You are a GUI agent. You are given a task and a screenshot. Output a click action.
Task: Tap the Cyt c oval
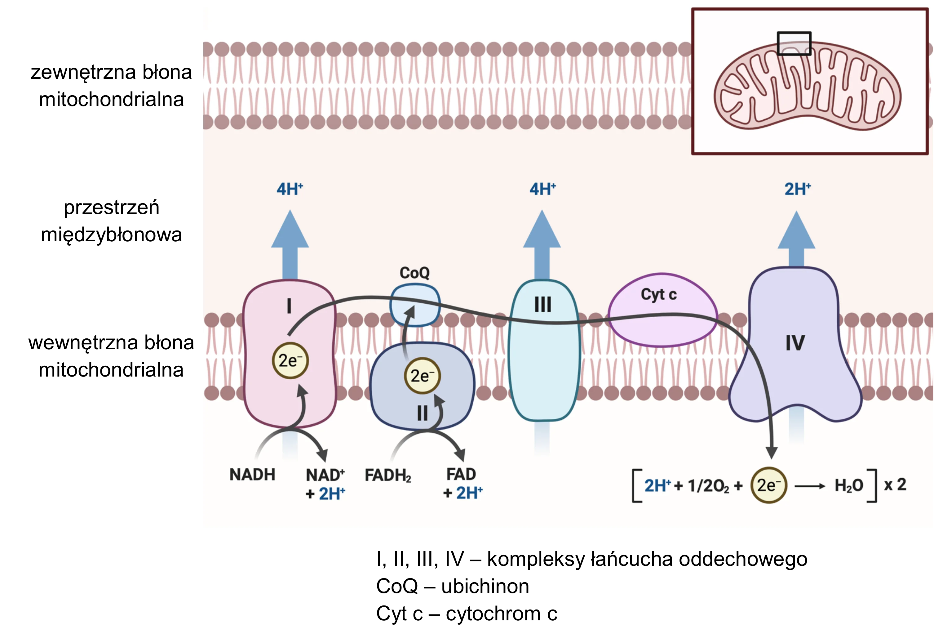(662, 310)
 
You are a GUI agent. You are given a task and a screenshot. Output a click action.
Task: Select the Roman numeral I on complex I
(289, 306)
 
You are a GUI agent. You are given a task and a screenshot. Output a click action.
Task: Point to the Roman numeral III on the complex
(542, 304)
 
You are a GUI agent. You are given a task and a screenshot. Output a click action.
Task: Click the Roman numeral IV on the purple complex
(795, 343)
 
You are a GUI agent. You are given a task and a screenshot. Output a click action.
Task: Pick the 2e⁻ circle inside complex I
(290, 361)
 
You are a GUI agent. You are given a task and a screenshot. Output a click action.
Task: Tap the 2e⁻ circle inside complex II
(422, 376)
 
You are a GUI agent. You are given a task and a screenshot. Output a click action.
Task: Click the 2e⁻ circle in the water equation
(768, 485)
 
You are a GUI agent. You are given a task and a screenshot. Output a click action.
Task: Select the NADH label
(252, 475)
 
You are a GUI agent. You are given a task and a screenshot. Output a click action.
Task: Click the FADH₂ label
(388, 476)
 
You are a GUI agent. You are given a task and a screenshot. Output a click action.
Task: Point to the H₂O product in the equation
(849, 485)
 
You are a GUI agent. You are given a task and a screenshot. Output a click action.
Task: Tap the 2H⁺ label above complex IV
(798, 189)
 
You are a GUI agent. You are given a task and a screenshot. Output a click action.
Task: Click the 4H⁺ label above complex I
(290, 189)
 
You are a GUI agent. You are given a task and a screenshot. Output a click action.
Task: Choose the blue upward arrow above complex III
(542, 245)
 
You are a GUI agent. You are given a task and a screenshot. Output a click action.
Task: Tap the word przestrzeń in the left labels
(111, 207)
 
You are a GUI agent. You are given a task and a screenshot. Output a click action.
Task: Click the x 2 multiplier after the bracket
(895, 484)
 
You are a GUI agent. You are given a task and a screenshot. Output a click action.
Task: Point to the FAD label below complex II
(461, 474)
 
